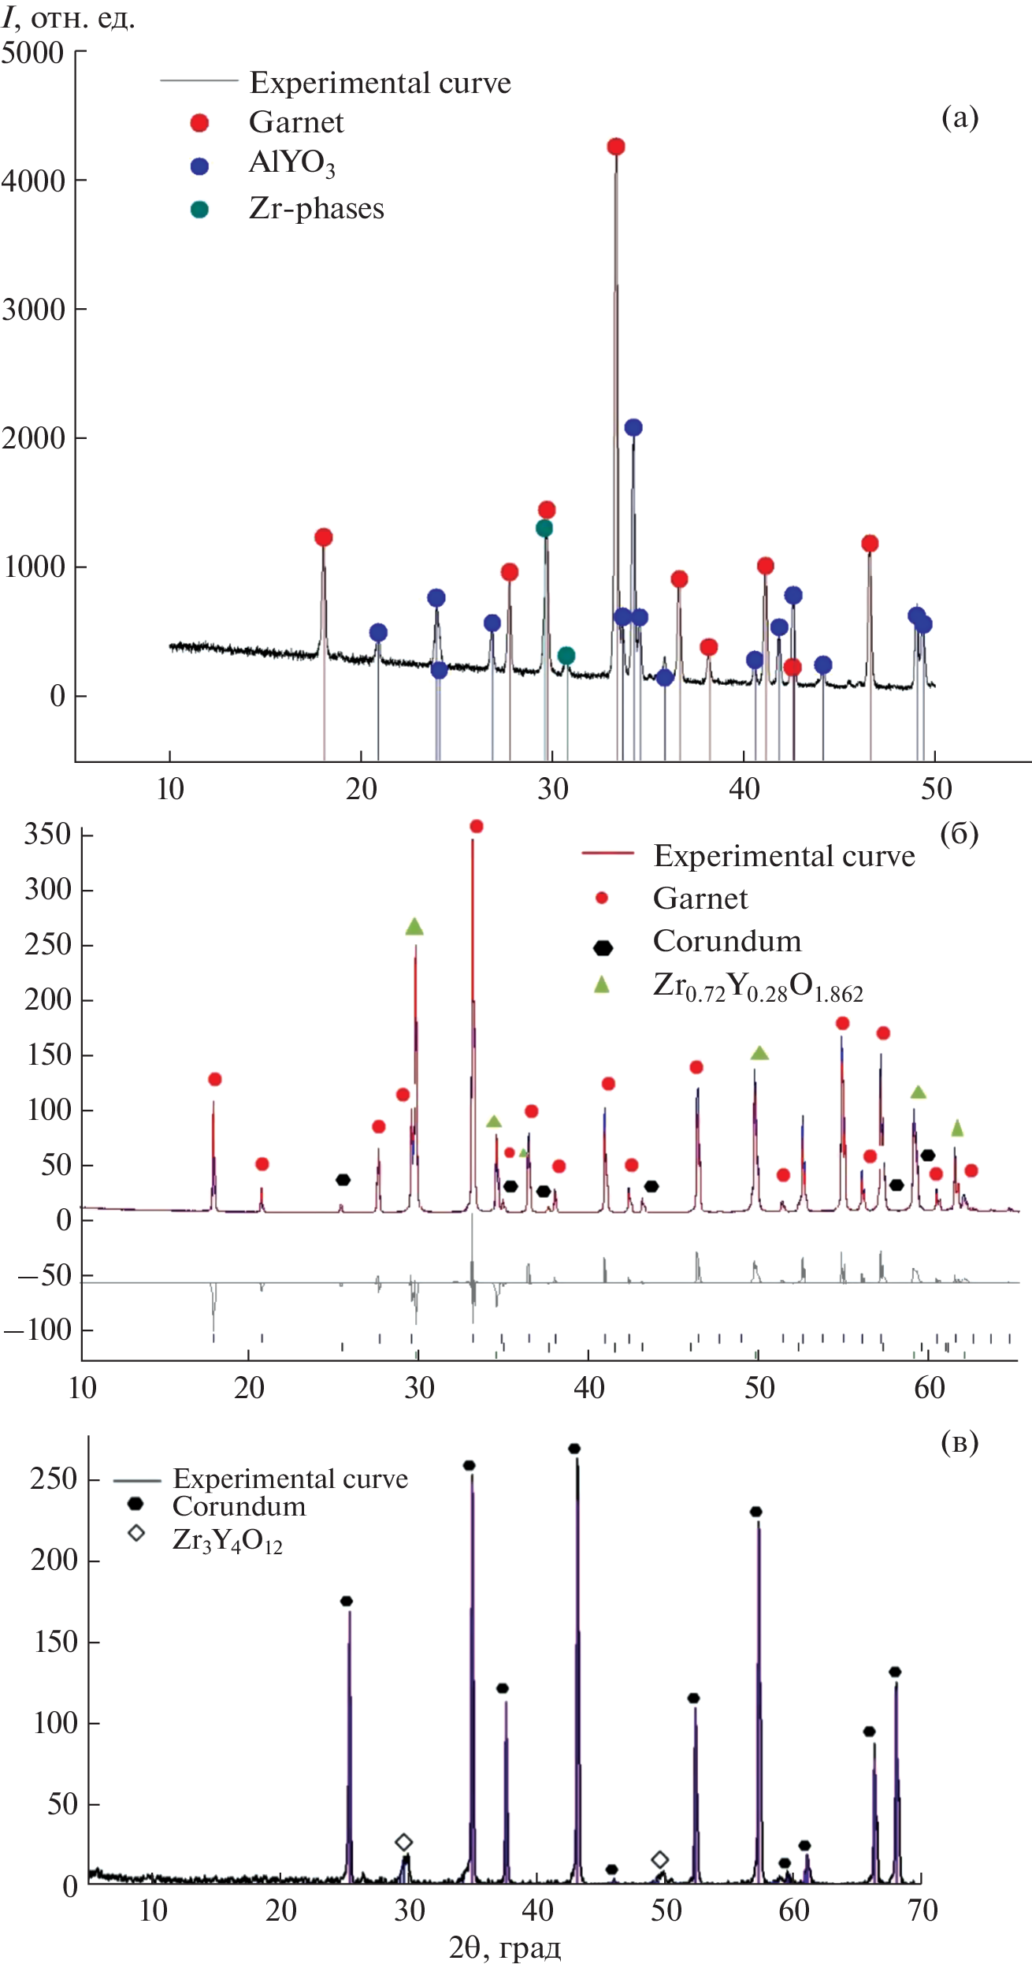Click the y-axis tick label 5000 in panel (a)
pos(32,54)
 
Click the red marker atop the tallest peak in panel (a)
pos(616,147)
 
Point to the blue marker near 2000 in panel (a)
pos(633,427)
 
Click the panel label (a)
pos(960,117)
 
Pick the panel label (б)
pos(959,834)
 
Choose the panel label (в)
pos(960,1442)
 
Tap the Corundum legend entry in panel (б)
pos(726,941)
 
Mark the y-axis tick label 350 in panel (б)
pos(47,835)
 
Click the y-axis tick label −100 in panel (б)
pos(38,1330)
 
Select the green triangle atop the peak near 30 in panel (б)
pos(414,927)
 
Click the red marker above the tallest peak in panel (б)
pos(476,826)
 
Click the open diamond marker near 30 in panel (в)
pos(403,1842)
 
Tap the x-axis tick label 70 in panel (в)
pos(922,1911)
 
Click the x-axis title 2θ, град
pos(505,1948)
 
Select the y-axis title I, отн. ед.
pos(69,18)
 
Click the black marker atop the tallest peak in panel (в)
pos(574,1449)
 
